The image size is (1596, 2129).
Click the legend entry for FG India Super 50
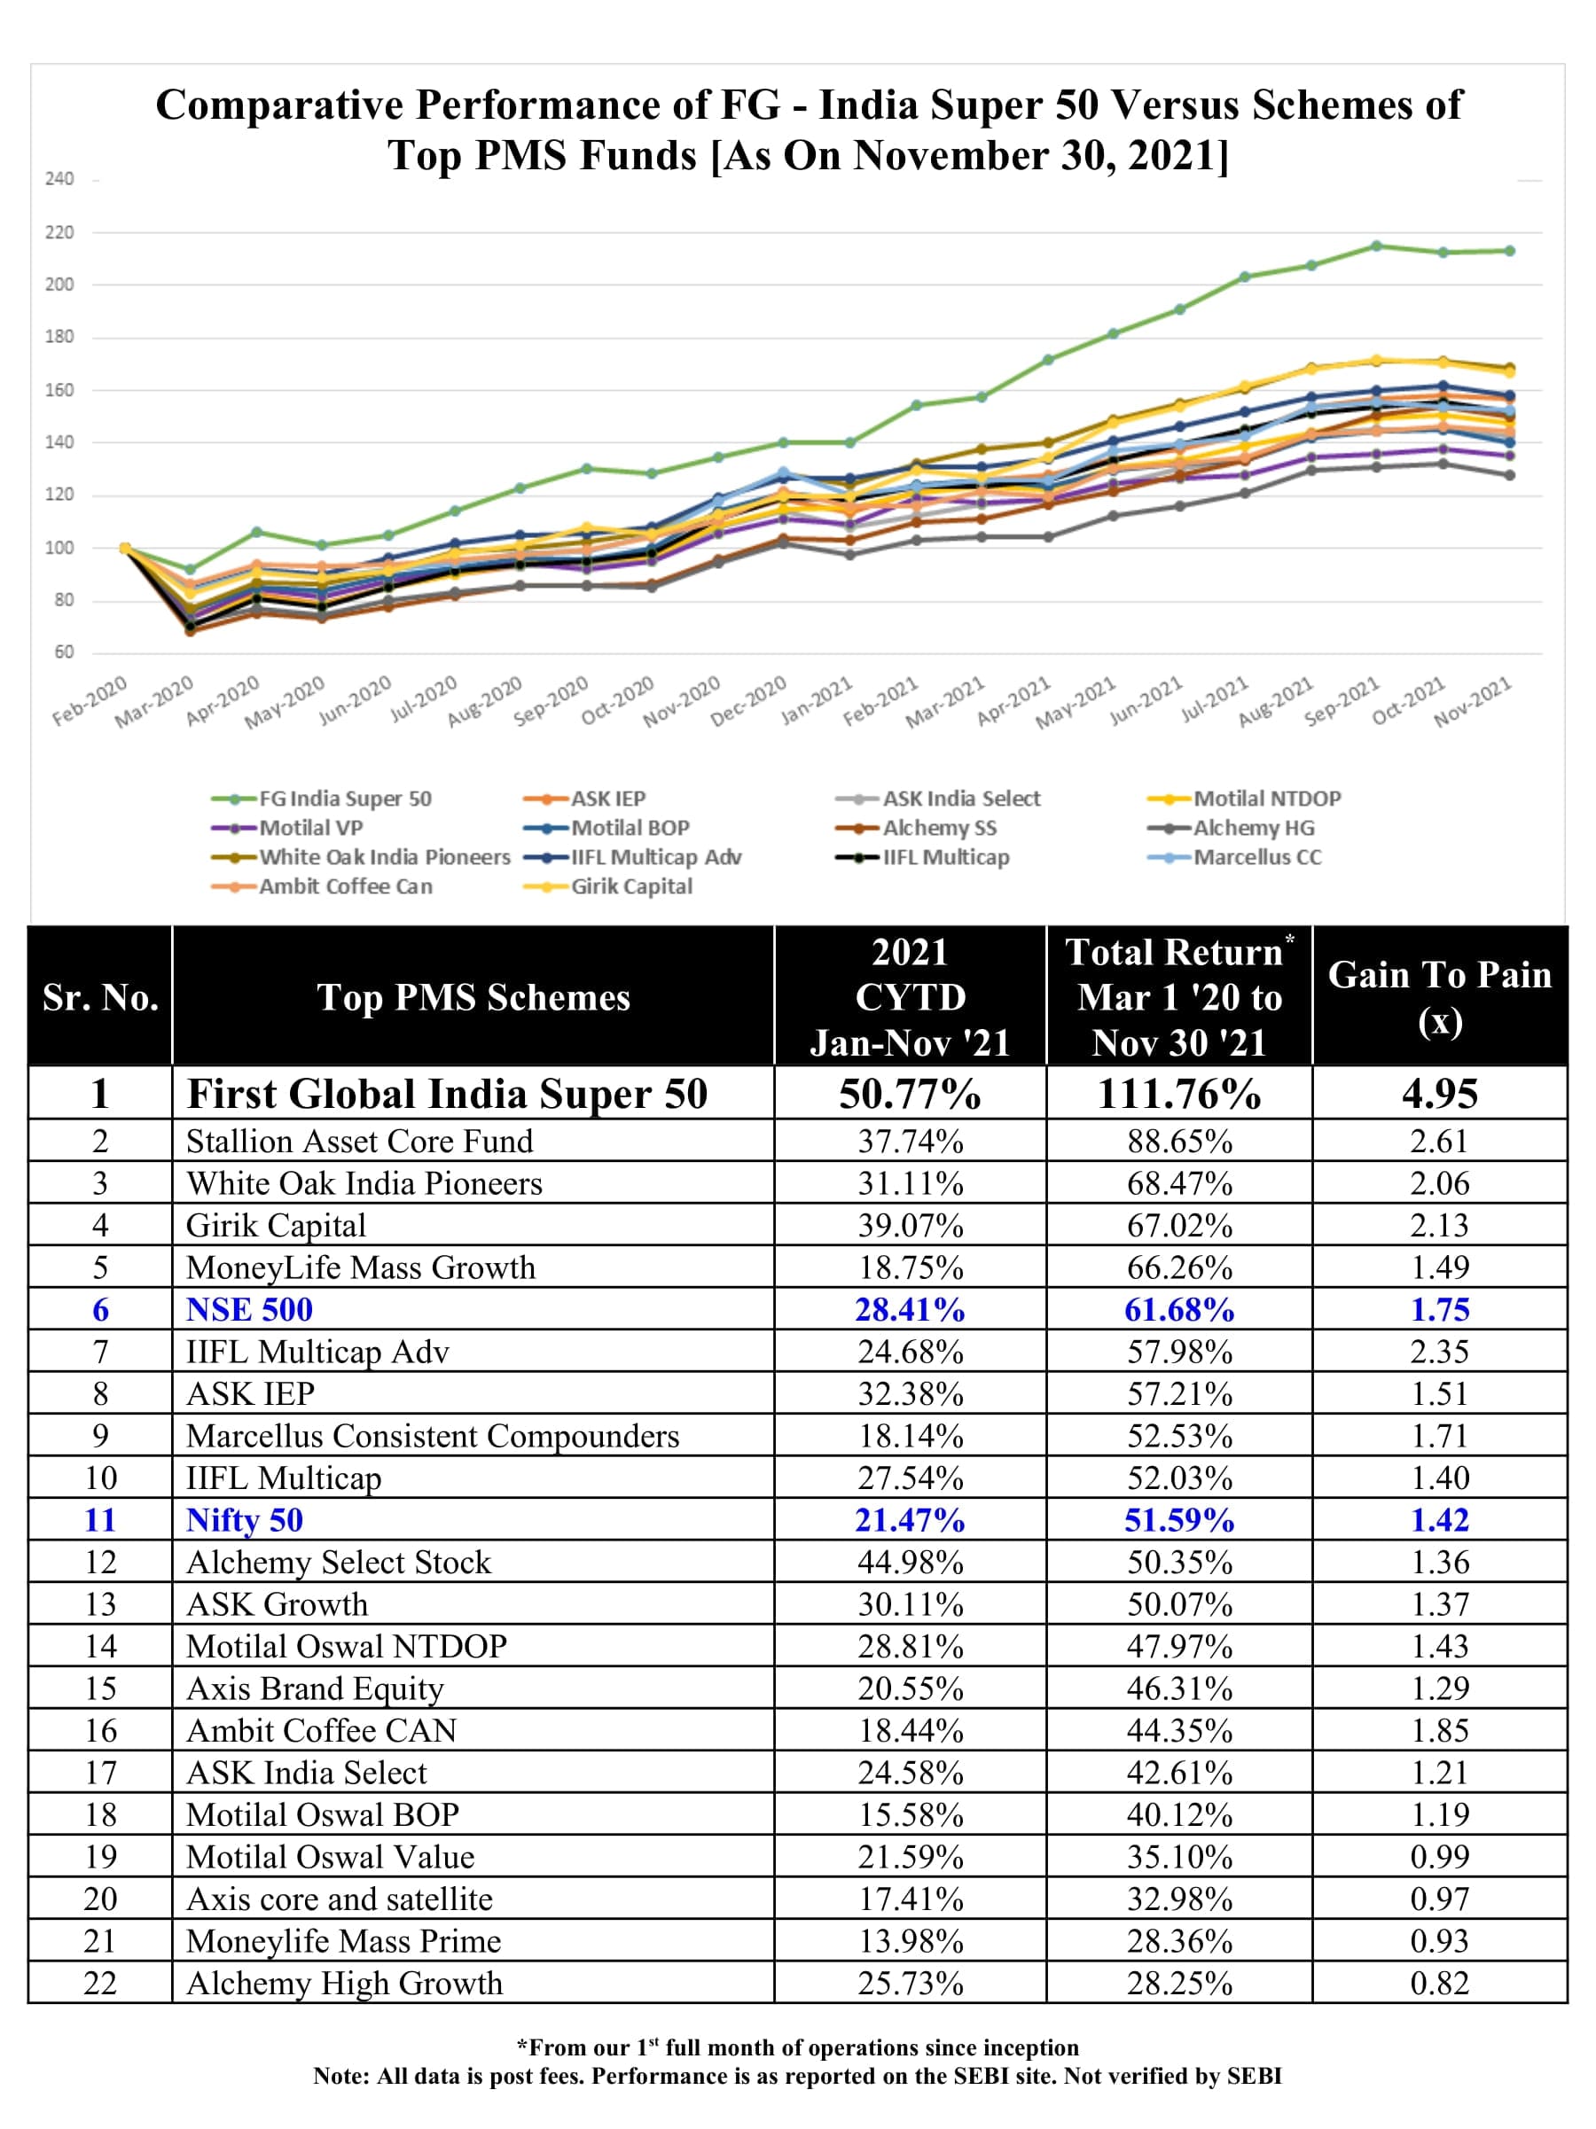(345, 799)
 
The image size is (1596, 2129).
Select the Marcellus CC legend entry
(1257, 858)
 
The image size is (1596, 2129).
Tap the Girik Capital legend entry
(631, 886)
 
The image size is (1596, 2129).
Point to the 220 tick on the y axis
(59, 232)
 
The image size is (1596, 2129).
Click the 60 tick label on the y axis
(64, 651)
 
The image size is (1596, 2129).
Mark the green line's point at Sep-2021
(1376, 246)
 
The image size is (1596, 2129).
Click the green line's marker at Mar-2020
(190, 570)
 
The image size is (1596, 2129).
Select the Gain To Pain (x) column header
(1439, 997)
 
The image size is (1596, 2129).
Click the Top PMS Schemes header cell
(473, 997)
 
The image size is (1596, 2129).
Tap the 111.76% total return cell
(1179, 1095)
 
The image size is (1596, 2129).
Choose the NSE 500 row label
(249, 1310)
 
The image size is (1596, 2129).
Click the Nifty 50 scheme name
(245, 1520)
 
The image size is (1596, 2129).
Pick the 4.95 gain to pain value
(1439, 1095)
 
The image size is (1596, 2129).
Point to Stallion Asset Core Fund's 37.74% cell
(910, 1142)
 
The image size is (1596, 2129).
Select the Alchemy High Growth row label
(344, 1983)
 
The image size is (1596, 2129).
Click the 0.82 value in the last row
(1439, 1983)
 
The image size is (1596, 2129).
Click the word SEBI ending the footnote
(1254, 2076)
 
